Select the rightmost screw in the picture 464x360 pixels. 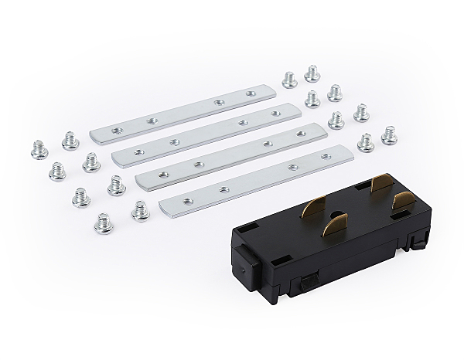tap(390, 136)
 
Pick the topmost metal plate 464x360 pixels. tap(183, 112)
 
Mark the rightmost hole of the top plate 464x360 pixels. tap(250, 94)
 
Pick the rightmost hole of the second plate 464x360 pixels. tap(275, 114)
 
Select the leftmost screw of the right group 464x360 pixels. tap(288, 79)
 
